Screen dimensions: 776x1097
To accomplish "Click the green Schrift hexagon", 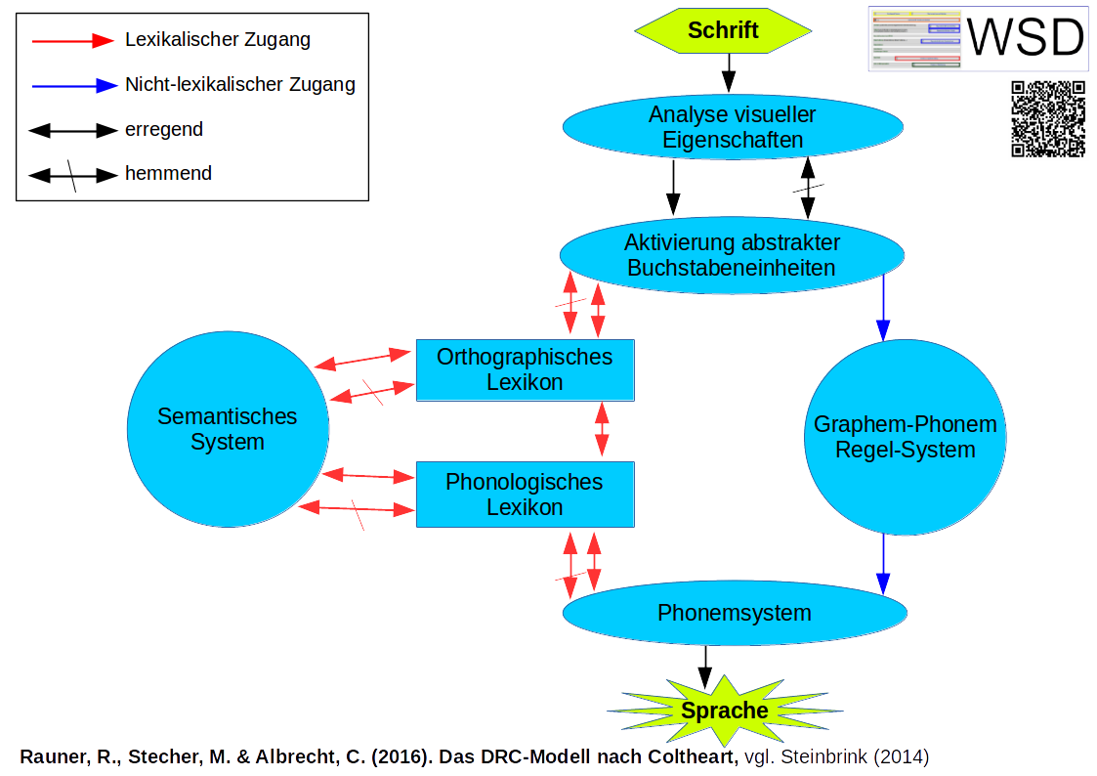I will [723, 30].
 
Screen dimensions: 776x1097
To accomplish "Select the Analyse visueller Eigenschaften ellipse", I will [732, 127].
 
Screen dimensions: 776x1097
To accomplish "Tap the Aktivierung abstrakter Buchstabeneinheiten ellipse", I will [732, 254].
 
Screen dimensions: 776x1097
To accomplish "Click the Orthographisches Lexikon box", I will [525, 369].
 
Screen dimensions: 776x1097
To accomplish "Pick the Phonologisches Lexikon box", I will [525, 495].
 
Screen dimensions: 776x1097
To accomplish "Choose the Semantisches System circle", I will [228, 430].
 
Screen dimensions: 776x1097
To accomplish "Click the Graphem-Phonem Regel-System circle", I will [905, 437].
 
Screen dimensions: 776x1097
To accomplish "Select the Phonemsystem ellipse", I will [735, 613].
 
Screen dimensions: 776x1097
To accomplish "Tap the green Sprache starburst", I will [725, 711].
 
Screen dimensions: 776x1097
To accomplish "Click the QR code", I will [1048, 119].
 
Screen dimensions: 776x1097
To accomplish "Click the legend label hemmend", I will [168, 174].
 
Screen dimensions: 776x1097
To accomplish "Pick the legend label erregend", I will [164, 129].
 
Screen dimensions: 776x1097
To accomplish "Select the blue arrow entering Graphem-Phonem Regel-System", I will [884, 307].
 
